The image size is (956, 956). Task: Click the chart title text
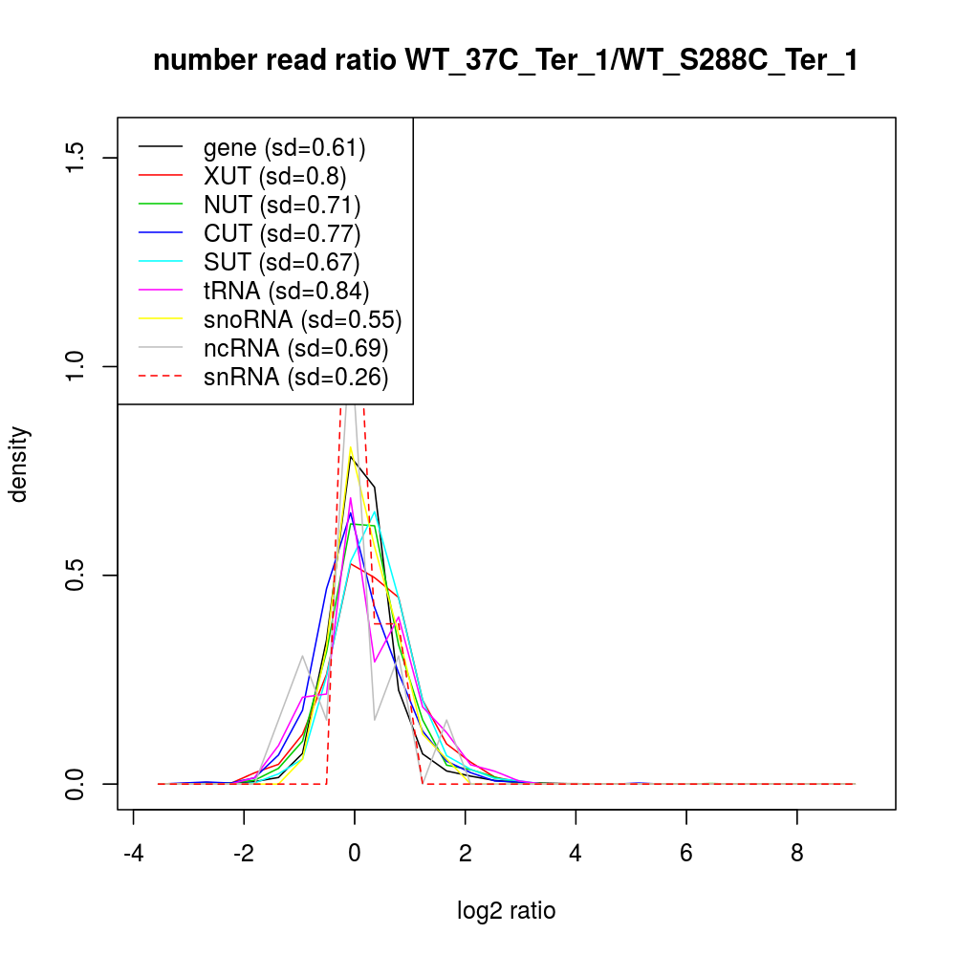tap(506, 60)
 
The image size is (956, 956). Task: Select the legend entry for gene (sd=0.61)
tap(284, 147)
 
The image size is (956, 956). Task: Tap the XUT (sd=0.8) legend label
tap(274, 176)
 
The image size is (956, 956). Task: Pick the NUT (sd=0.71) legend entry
tap(282, 205)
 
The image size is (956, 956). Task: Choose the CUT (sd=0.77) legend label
tap(282, 233)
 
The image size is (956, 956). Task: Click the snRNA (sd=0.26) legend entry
tap(295, 377)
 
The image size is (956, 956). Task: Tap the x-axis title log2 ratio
tap(507, 911)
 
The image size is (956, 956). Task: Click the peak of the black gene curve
tap(351, 456)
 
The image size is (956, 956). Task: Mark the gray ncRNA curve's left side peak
tap(302, 656)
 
